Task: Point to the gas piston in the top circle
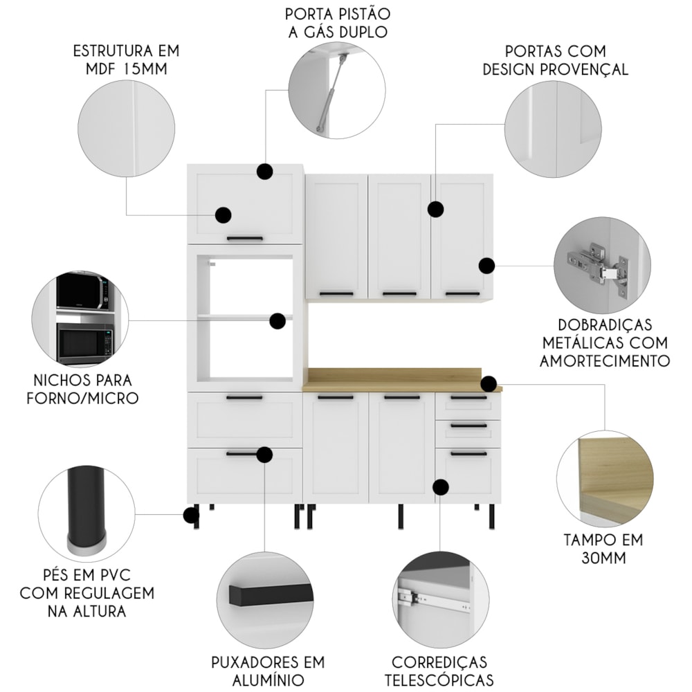pos(331,93)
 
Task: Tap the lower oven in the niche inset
pos(85,343)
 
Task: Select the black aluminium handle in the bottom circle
pos(270,594)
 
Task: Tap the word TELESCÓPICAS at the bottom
pos(439,680)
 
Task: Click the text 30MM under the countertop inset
pos(603,558)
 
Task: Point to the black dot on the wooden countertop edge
pos(489,384)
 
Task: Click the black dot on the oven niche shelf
pos(277,321)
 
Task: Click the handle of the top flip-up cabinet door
pos(245,239)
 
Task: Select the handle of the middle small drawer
pos(468,426)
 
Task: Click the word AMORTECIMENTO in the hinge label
pos(605,361)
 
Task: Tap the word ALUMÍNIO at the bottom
pos(268,680)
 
